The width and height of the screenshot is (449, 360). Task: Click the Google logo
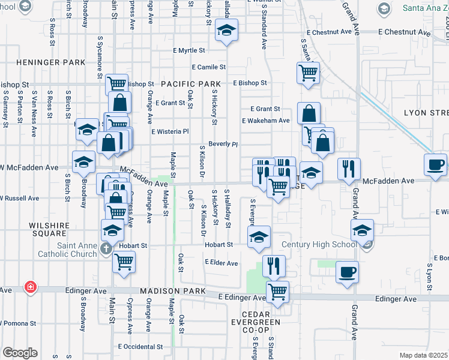tap(20, 353)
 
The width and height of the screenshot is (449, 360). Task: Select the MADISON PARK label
tap(170, 291)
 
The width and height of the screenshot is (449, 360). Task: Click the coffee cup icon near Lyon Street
tap(435, 164)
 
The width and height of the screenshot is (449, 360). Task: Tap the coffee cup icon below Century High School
tap(347, 271)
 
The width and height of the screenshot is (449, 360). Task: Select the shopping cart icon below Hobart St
tap(124, 261)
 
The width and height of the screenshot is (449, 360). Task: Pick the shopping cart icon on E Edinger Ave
tap(277, 292)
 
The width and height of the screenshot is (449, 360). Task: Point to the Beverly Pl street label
tap(223, 145)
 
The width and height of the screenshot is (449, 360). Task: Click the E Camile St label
tap(209, 67)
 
